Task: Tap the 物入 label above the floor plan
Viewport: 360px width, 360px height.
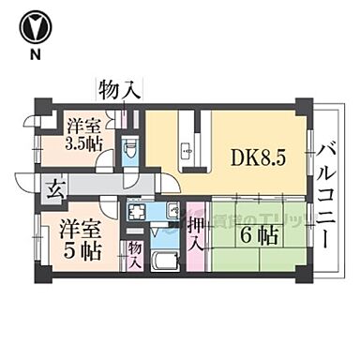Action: coord(119,90)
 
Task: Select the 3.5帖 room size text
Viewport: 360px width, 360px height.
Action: coord(85,145)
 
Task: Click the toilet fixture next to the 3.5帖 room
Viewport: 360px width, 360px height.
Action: coord(132,147)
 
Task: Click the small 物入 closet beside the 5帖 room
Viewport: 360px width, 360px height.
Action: coord(135,254)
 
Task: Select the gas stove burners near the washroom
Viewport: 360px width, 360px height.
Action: coord(172,211)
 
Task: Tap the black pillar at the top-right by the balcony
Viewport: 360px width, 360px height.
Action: coord(302,105)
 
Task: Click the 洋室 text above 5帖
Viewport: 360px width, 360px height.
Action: coord(75,228)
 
